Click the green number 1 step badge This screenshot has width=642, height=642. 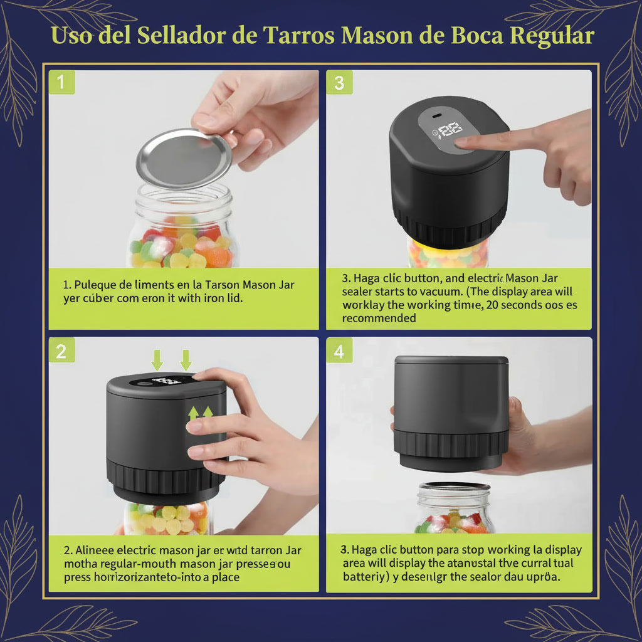(x=61, y=82)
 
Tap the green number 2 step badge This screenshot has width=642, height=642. (x=61, y=351)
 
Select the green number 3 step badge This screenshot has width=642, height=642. (x=339, y=82)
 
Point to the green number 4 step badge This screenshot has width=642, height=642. (x=339, y=351)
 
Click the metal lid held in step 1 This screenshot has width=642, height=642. (x=184, y=158)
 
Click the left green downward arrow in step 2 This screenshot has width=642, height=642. (x=157, y=360)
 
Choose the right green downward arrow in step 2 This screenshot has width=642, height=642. (x=186, y=360)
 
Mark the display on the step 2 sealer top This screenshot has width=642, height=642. (x=167, y=381)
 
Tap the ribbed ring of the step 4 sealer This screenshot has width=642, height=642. (x=451, y=443)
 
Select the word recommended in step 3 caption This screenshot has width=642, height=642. (x=379, y=318)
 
